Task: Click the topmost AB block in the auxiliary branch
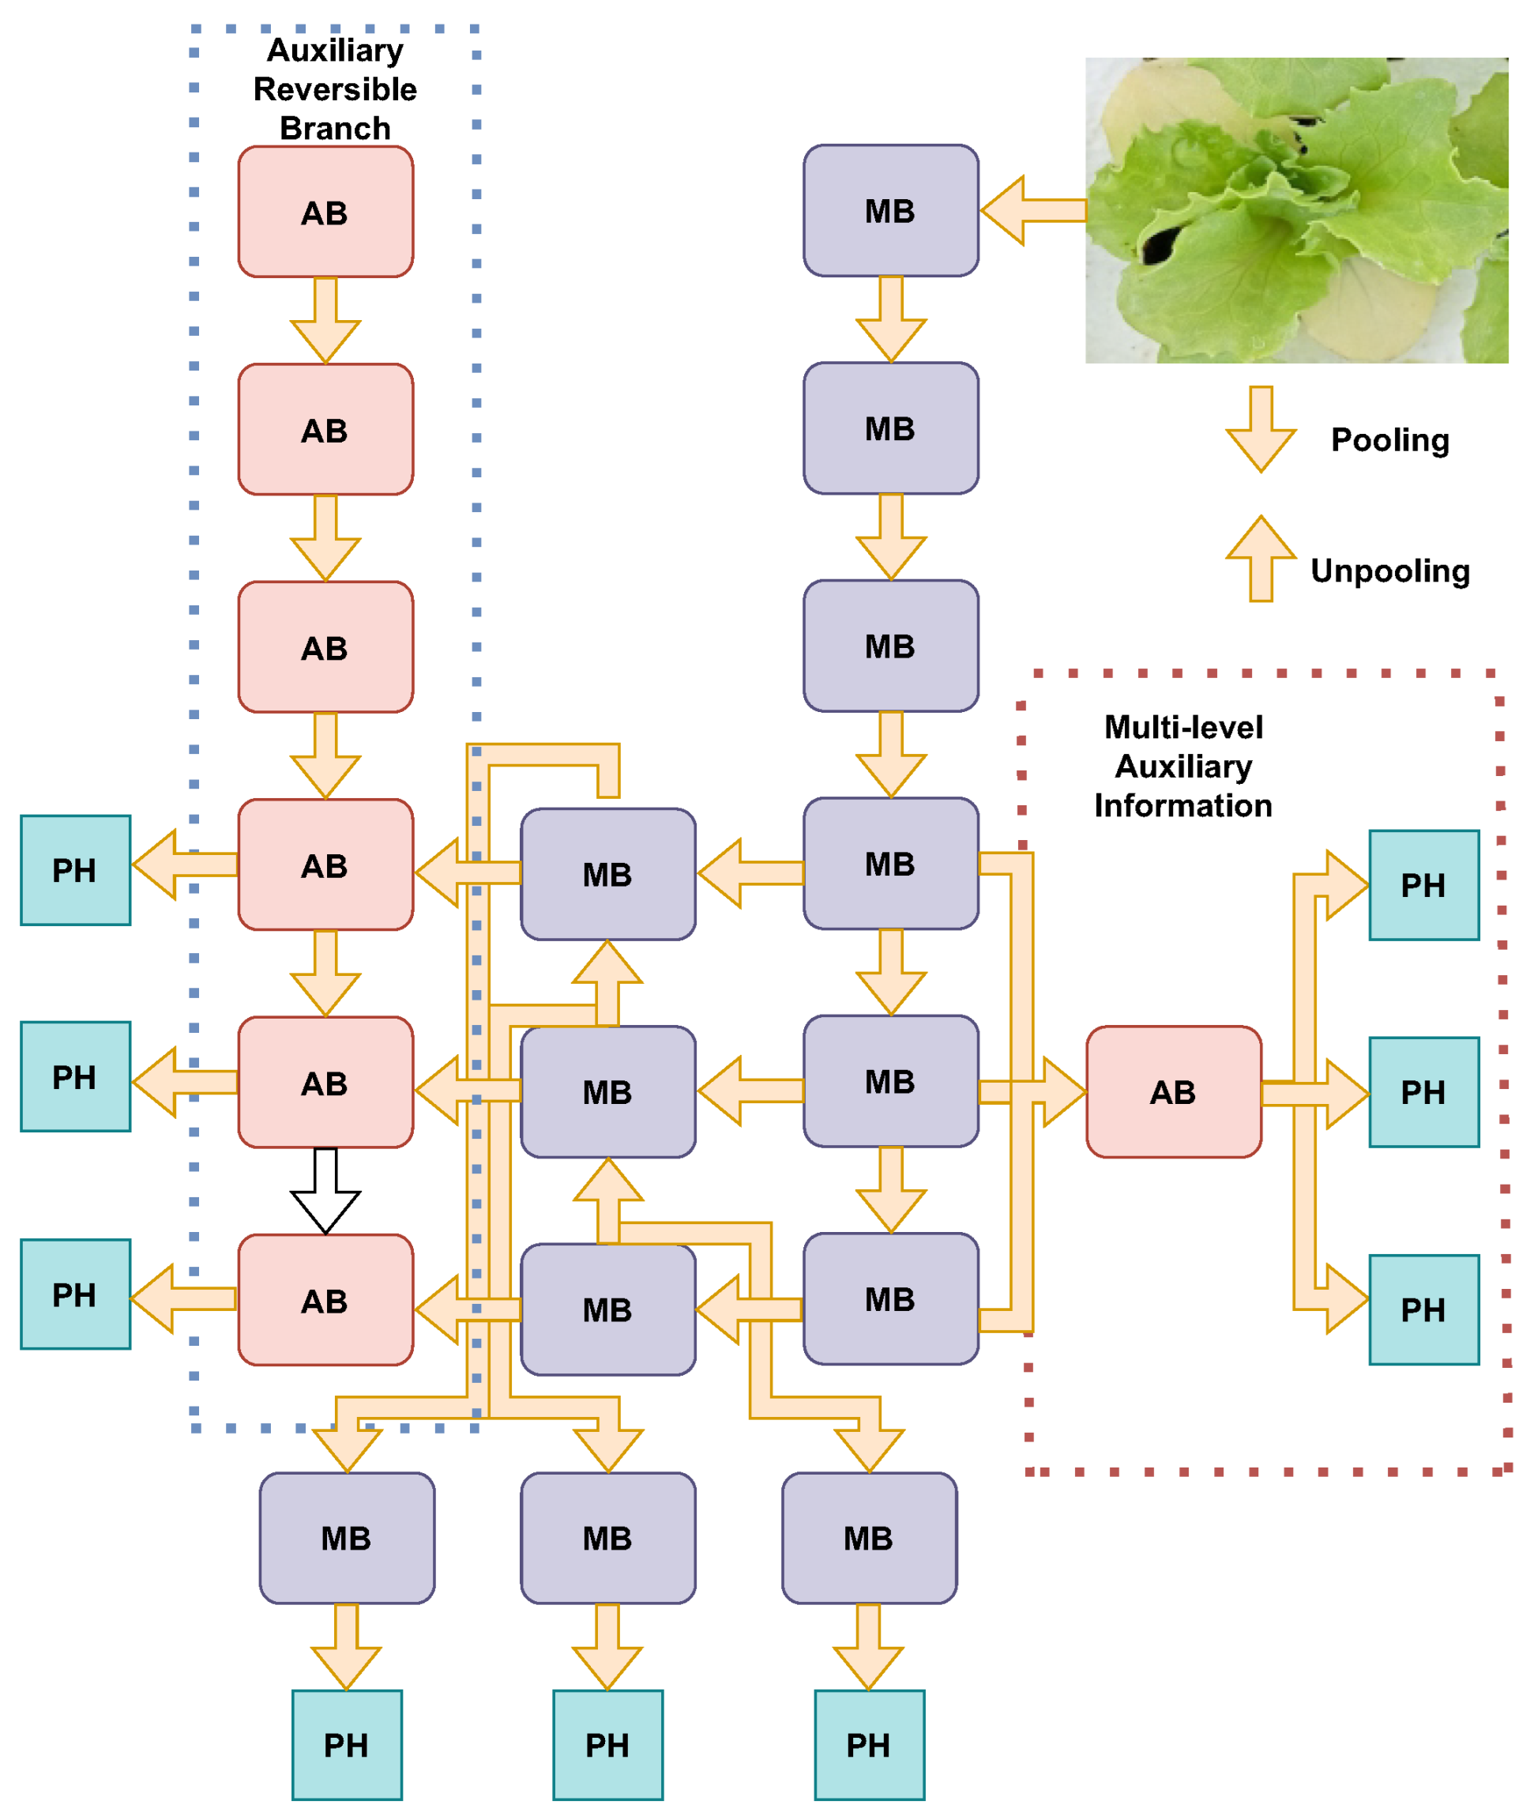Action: (325, 212)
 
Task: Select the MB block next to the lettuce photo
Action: (891, 211)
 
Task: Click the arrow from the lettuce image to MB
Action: (1032, 211)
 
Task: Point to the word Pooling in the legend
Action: (1389, 440)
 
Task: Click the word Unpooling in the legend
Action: (1389, 571)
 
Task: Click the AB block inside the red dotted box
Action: (1174, 1092)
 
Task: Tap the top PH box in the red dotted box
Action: (1424, 885)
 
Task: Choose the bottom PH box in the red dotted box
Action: (1424, 1310)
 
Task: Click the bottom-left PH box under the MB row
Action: (347, 1745)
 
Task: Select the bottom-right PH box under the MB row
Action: (869, 1745)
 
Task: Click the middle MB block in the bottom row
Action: (608, 1539)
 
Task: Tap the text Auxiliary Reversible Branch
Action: (335, 89)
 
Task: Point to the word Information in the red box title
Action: (1183, 806)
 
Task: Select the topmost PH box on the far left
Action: (76, 870)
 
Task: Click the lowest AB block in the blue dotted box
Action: (325, 1301)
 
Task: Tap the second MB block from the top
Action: (891, 428)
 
